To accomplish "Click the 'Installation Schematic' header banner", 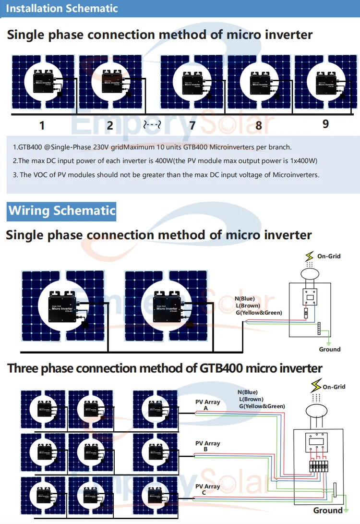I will (x=63, y=9).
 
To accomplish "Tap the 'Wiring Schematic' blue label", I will (x=62, y=211).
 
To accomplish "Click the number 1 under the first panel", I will (x=42, y=126).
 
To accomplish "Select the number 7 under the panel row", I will (x=192, y=126).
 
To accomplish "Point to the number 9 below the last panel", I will (x=325, y=124).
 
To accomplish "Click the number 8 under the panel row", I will (x=259, y=126).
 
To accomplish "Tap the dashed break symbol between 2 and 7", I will (x=152, y=126).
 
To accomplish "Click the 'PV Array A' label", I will (x=207, y=405).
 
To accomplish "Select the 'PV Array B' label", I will (x=207, y=446).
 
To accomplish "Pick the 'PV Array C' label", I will (x=207, y=489).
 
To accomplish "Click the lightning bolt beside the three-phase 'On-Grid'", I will (x=316, y=385).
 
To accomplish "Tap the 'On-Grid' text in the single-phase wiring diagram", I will (x=329, y=256).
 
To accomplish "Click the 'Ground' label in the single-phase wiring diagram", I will (x=329, y=349).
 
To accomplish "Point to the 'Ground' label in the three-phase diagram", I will (x=328, y=510).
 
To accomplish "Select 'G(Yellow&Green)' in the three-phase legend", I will (x=262, y=406).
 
